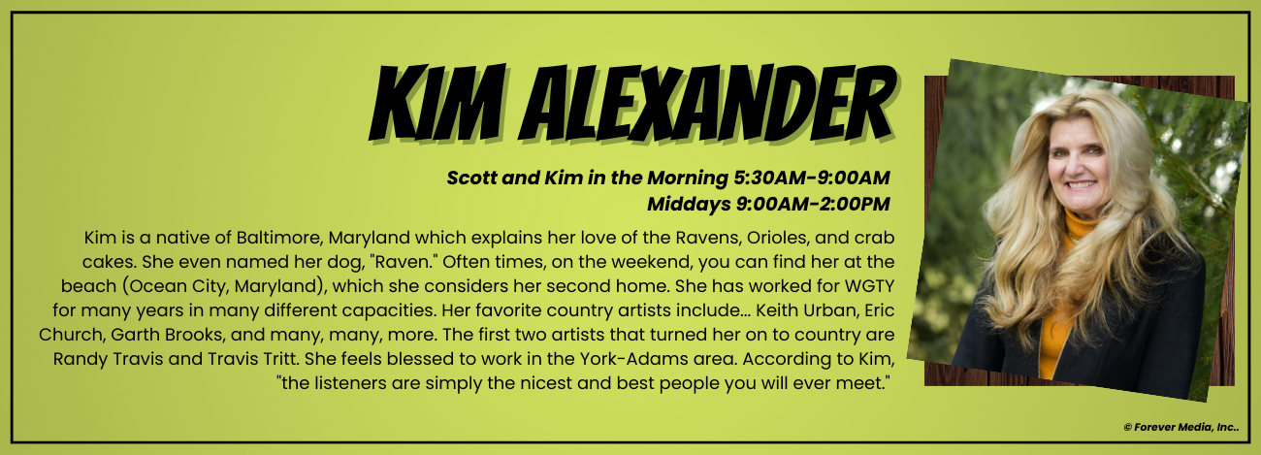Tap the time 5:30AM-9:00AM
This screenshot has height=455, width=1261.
point(811,178)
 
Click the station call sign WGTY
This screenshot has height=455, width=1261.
point(870,286)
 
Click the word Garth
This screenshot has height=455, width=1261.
point(131,335)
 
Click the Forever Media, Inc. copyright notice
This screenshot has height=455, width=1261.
point(1181,428)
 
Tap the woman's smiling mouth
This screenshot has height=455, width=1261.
point(1081,184)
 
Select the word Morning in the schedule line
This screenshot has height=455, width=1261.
point(688,178)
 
